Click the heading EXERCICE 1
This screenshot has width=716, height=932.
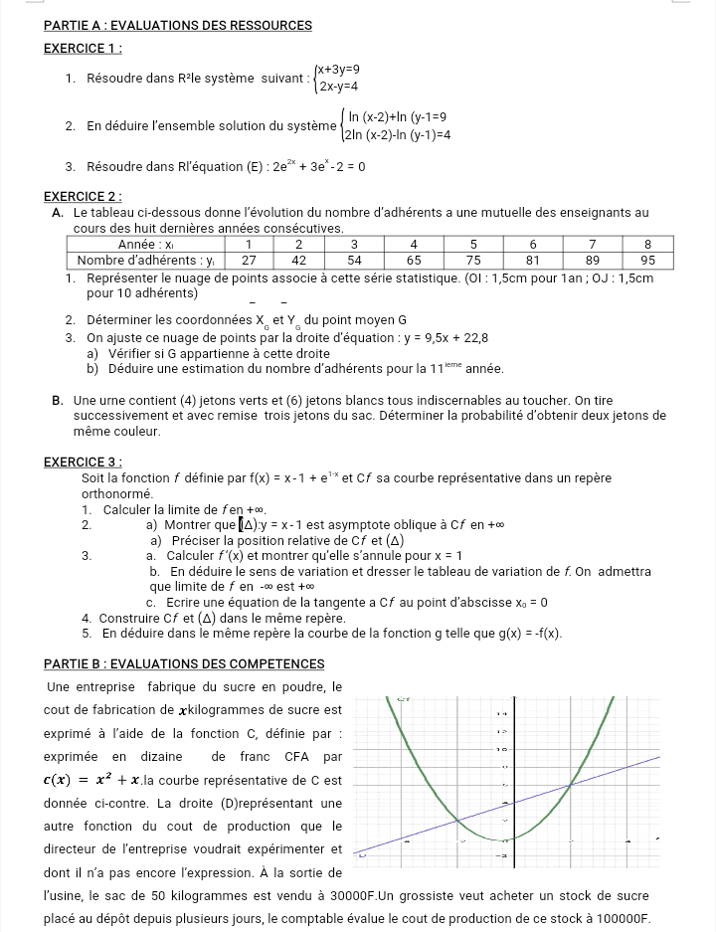[84, 47]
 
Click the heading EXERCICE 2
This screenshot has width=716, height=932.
[84, 196]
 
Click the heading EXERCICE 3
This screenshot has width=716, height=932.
[84, 462]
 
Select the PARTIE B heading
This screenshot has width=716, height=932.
[184, 663]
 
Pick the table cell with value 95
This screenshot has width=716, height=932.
[647, 260]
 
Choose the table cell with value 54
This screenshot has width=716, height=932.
[354, 260]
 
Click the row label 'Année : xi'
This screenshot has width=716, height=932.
[146, 244]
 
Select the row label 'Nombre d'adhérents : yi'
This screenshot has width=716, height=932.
[146, 260]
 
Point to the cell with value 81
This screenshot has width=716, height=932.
[533, 260]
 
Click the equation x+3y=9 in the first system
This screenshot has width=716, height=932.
[338, 70]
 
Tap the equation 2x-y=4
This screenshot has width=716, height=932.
[336, 86]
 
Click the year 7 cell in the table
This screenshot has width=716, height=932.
[592, 244]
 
